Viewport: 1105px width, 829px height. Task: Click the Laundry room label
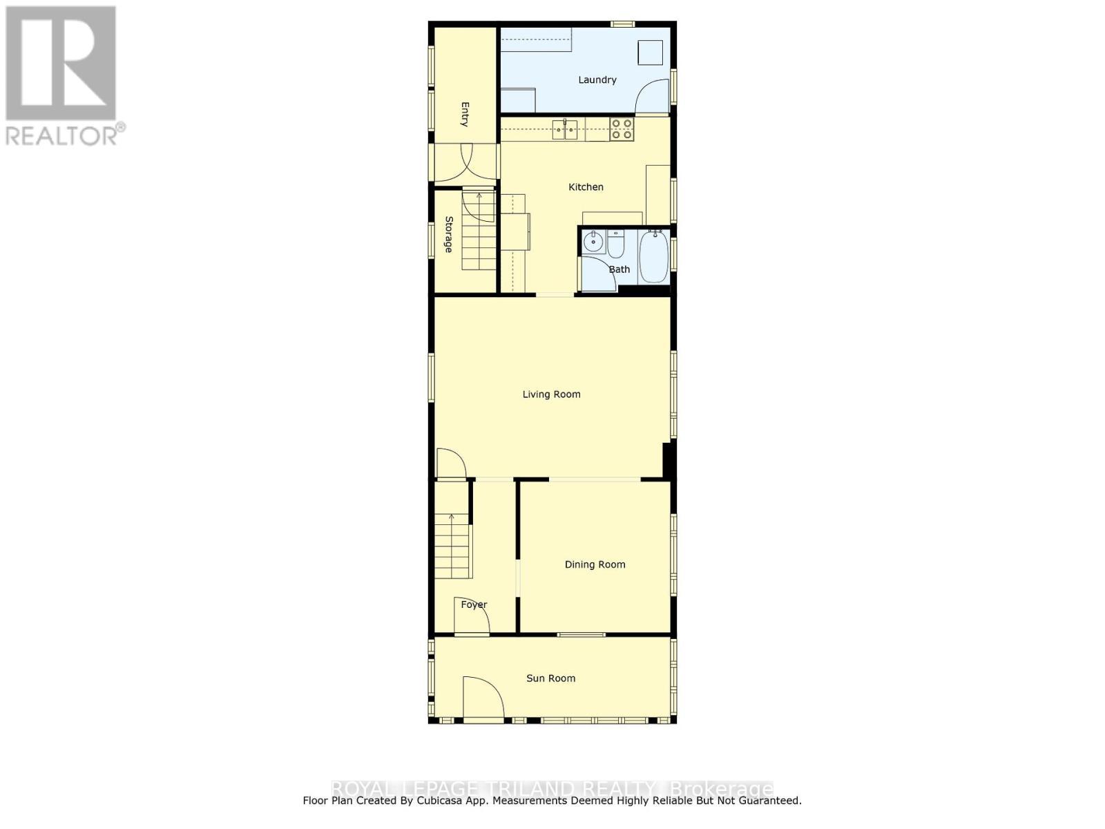(597, 80)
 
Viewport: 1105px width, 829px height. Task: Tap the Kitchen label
(586, 187)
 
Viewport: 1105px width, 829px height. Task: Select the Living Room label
(551, 394)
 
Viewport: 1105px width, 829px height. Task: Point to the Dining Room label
(595, 564)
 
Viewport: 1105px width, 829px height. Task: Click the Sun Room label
(550, 678)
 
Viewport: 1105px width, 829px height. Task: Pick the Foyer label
(474, 604)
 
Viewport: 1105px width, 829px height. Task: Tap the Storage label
(448, 234)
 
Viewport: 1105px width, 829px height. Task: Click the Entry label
(465, 115)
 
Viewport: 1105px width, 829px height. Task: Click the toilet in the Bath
(615, 244)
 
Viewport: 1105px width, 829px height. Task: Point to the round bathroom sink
(593, 243)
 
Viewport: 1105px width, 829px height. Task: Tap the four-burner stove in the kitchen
(622, 129)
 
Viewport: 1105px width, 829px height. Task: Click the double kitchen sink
(565, 129)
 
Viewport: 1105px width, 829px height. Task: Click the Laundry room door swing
(652, 96)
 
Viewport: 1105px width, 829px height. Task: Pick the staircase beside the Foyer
(452, 546)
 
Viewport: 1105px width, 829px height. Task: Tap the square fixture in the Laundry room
(650, 53)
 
